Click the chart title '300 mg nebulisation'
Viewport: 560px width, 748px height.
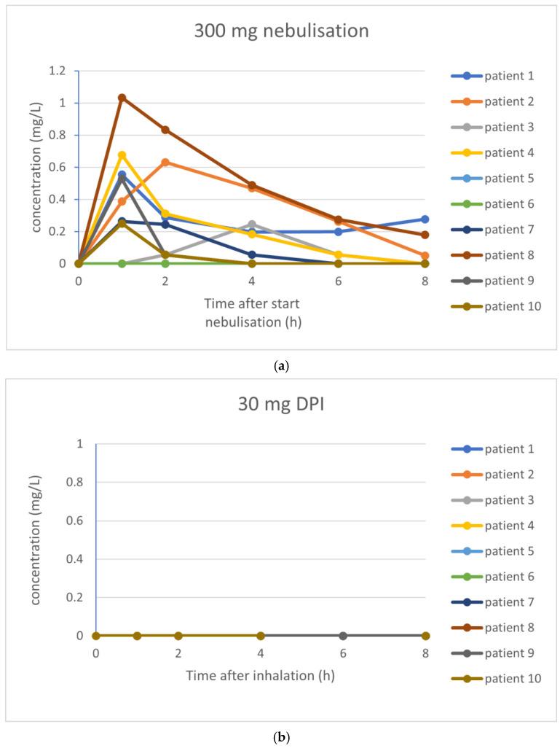[281, 31]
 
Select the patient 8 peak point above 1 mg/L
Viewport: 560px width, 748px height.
[122, 98]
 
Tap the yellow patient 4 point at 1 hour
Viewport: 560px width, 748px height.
[122, 155]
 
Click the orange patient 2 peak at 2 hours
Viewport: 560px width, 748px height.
[165, 162]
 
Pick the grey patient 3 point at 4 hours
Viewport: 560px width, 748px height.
[252, 225]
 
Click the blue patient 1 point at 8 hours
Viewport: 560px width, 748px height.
[425, 219]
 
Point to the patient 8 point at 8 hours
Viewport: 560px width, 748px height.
[425, 235]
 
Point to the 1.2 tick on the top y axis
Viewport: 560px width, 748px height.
[57, 71]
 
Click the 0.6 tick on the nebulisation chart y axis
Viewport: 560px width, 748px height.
[57, 167]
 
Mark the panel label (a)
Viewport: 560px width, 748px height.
[280, 366]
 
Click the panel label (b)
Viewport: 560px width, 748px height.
[280, 738]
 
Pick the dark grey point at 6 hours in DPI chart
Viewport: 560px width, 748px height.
[343, 636]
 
